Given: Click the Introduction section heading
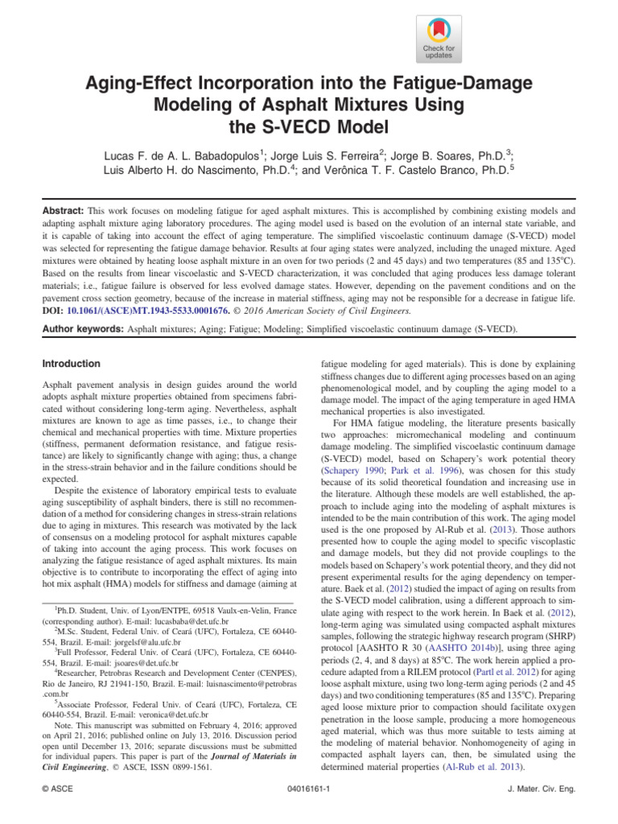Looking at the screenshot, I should tap(72, 364).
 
